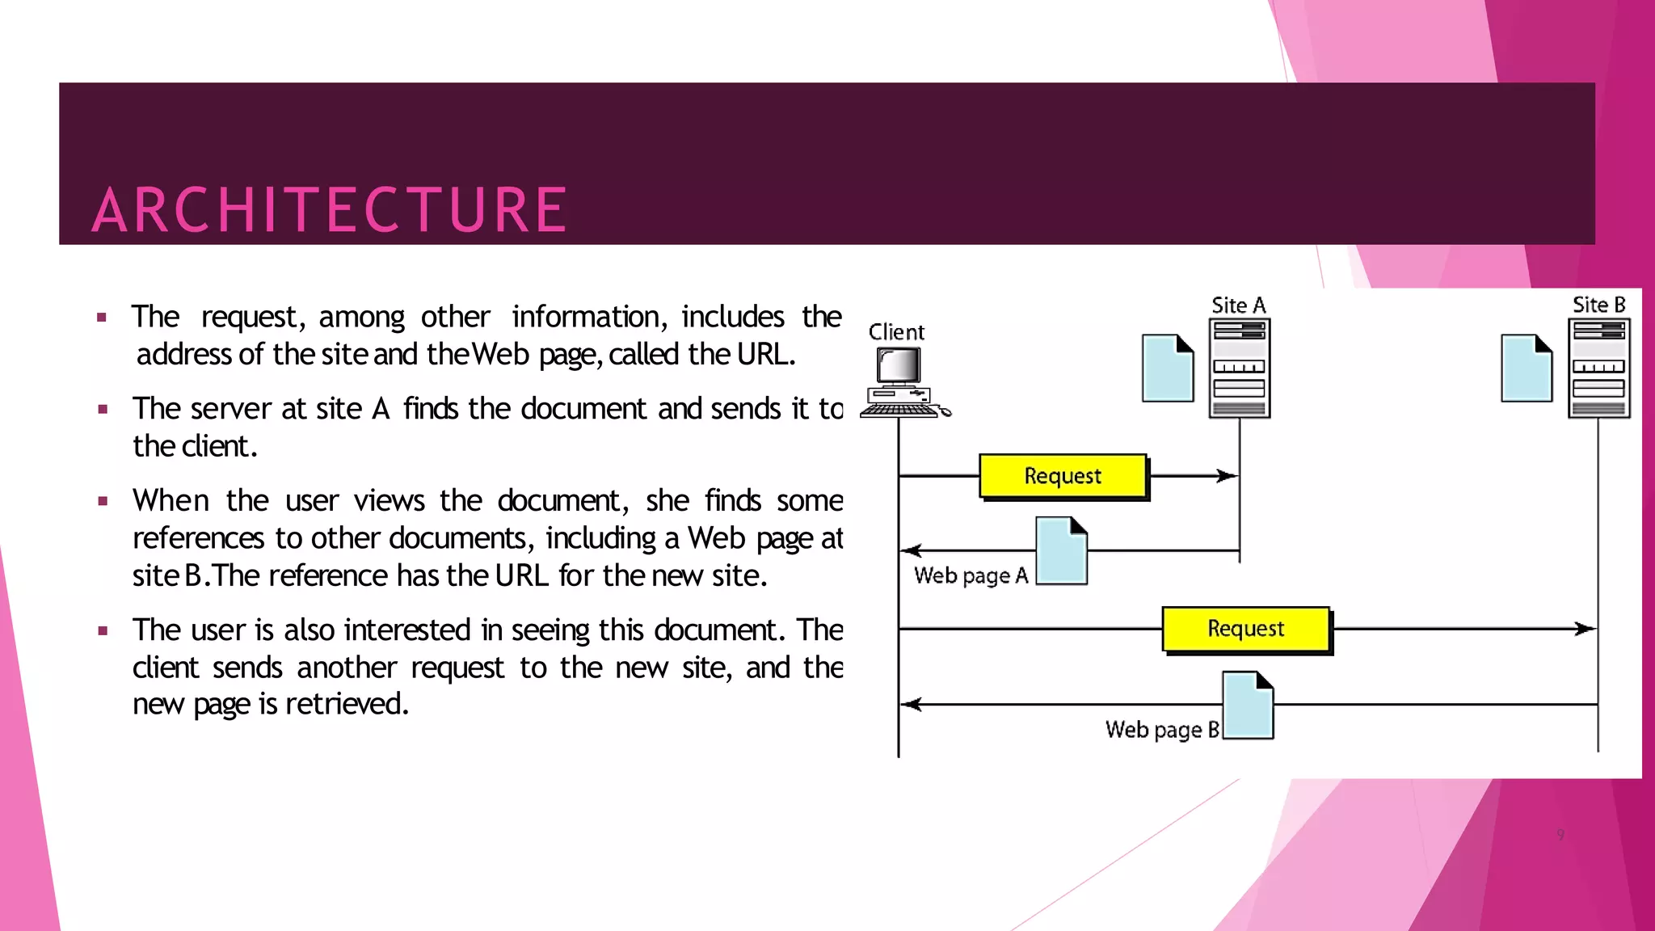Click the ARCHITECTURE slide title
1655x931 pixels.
(x=330, y=209)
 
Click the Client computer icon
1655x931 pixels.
(x=902, y=382)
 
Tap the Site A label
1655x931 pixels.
(x=1238, y=305)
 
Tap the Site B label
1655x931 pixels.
(x=1598, y=305)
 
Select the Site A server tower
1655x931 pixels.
(x=1240, y=369)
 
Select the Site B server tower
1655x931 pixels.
(x=1599, y=369)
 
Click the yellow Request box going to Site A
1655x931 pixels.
(x=1063, y=476)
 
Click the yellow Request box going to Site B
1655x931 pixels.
(x=1245, y=629)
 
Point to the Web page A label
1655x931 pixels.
(x=971, y=575)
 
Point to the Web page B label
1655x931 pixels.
(x=1162, y=730)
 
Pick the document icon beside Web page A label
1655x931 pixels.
(x=1062, y=550)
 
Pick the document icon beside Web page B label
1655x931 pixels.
(x=1249, y=705)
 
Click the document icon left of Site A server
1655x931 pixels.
(x=1168, y=368)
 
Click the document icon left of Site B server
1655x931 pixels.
(x=1527, y=368)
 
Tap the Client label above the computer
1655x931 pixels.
(x=896, y=332)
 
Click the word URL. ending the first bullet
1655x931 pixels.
(x=766, y=355)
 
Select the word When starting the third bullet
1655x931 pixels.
(x=171, y=501)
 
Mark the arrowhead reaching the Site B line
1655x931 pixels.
(x=1587, y=629)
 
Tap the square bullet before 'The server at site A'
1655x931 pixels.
(x=103, y=410)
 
